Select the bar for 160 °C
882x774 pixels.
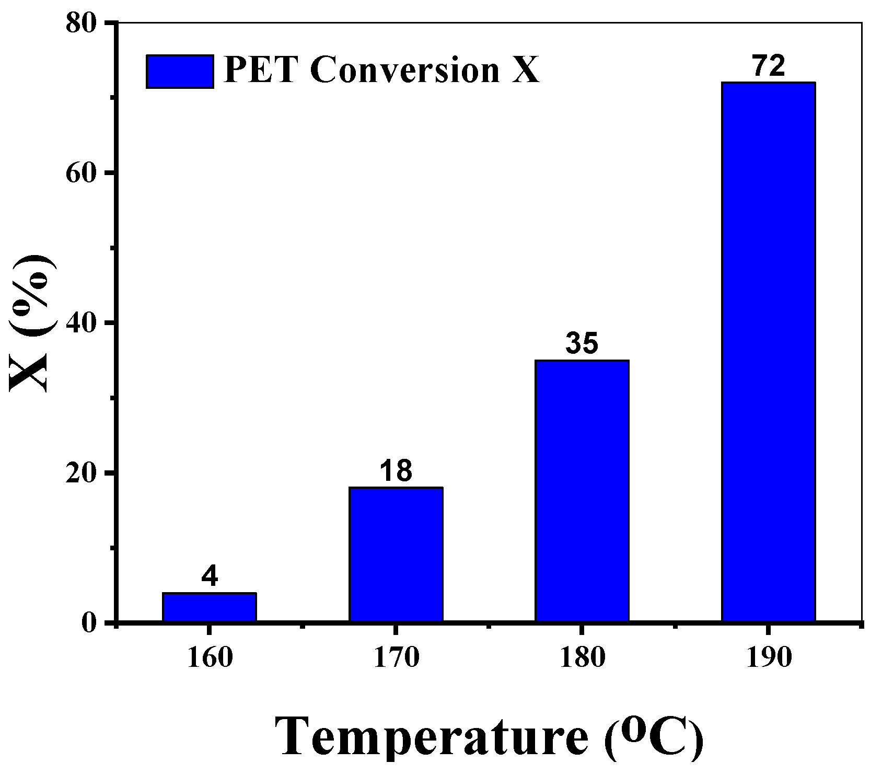pyautogui.click(x=209, y=607)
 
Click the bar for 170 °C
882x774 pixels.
pyautogui.click(x=396, y=554)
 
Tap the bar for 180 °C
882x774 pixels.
pyautogui.click(x=582, y=491)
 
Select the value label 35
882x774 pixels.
pyautogui.click(x=582, y=343)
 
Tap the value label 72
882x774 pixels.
pyautogui.click(x=768, y=66)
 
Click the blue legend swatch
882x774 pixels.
pyautogui.click(x=179, y=71)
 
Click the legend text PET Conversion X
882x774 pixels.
pyautogui.click(x=381, y=71)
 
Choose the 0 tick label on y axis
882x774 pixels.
pyautogui.click(x=91, y=623)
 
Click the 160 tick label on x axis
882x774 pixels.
pyautogui.click(x=209, y=658)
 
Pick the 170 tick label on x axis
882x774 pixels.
pyautogui.click(x=396, y=658)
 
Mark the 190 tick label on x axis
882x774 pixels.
pyautogui.click(x=768, y=658)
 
